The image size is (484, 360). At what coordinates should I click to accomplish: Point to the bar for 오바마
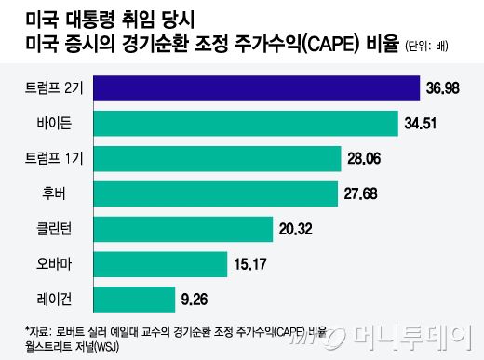click(153, 264)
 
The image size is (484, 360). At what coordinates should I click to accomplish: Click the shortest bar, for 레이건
click(127, 300)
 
